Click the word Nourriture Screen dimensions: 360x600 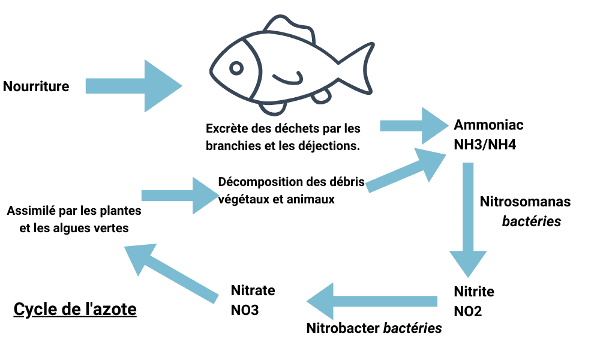coord(36,86)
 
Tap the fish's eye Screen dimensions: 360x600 coord(237,68)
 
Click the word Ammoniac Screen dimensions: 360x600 coord(488,125)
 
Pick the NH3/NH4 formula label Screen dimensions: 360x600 coord(485,145)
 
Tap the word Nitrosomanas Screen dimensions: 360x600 coord(525,201)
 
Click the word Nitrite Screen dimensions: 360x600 coord(474,292)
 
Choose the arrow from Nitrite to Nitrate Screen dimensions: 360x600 coord(372,301)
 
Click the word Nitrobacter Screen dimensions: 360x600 coord(343,328)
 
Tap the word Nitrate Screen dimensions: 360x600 coord(253,290)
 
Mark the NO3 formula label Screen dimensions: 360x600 coord(245,310)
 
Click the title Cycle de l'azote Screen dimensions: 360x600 coord(75,310)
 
